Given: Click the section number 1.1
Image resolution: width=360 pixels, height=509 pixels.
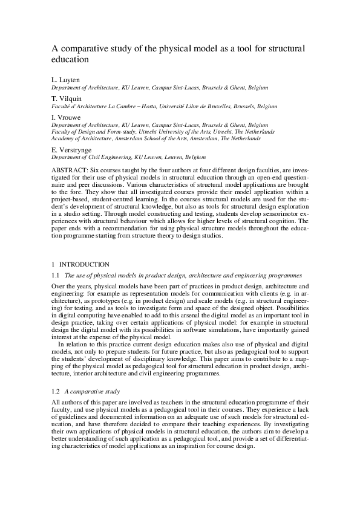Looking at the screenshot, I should click(x=56, y=275).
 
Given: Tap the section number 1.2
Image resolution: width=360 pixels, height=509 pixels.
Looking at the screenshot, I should click(x=56, y=391).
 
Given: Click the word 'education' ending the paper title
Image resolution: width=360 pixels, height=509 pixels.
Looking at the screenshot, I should click(x=70, y=60).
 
